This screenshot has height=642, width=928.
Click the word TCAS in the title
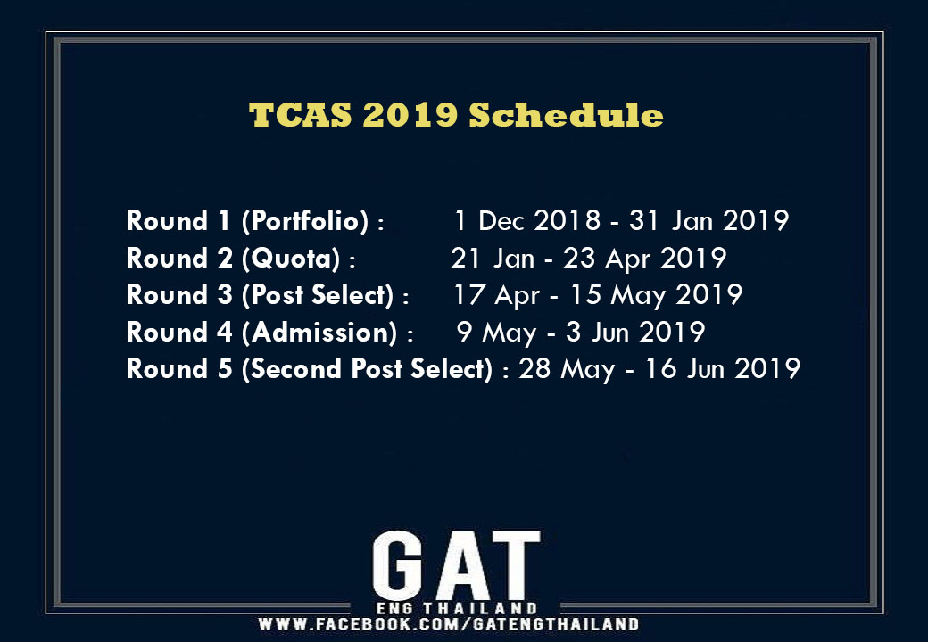point(300,114)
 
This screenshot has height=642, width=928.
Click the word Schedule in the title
point(567,114)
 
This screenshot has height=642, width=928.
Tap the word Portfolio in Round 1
point(305,220)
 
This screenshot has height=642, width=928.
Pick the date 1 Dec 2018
point(527,220)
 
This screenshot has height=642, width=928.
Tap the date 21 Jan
point(493,259)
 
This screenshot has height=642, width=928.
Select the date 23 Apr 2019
point(644,259)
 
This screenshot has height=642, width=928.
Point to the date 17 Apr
point(496,295)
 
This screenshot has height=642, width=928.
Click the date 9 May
point(496,332)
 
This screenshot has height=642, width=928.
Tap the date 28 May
point(567,368)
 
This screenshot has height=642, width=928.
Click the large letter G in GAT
point(397,565)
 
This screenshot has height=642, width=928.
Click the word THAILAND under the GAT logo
point(480,608)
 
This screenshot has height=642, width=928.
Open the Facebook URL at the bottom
point(448,623)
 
